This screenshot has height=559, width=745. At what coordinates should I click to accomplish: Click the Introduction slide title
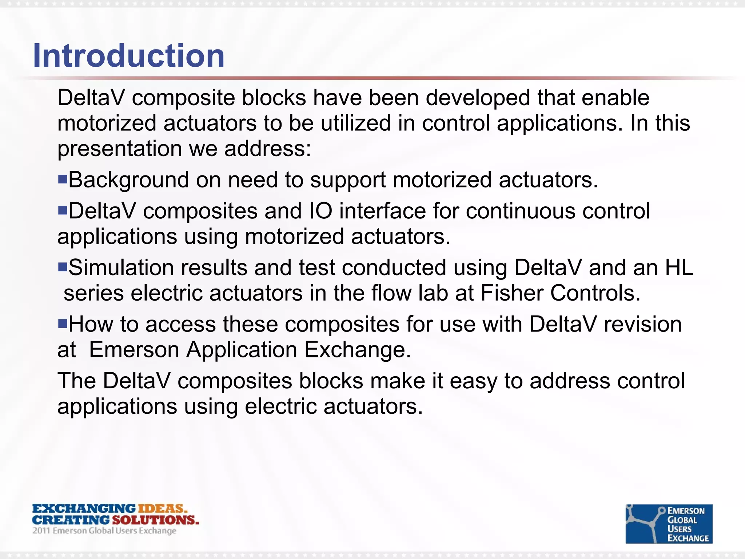point(128,56)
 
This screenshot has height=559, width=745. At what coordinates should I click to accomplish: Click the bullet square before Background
point(63,179)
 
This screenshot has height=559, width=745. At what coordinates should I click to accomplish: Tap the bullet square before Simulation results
point(63,267)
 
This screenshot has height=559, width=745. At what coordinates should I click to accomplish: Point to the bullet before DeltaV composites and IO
point(63,210)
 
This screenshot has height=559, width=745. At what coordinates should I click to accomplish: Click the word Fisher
point(512,293)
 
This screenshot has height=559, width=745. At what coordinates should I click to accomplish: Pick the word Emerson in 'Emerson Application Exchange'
point(134,350)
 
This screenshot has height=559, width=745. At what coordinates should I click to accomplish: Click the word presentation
point(120,149)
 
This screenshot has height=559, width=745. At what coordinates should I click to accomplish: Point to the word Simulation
point(121,267)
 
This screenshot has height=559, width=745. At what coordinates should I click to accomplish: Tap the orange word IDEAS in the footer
point(162,508)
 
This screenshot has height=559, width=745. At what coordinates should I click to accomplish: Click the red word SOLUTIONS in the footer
point(155,520)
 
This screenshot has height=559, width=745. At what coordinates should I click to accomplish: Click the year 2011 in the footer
point(41,531)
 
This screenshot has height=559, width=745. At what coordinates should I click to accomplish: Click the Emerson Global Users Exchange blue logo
point(669,524)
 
